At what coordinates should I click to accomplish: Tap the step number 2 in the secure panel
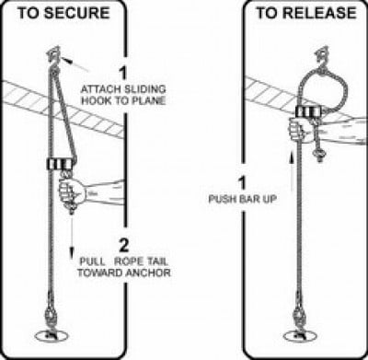click(124, 245)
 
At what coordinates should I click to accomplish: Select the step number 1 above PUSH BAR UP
click(243, 182)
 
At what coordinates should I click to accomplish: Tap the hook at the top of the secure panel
click(52, 56)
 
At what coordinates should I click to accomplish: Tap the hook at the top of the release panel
click(322, 57)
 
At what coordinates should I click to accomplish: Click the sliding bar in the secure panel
click(61, 164)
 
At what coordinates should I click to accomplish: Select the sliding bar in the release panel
click(310, 111)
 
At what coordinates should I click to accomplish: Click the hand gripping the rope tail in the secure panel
click(72, 192)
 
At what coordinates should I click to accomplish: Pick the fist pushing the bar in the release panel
click(301, 131)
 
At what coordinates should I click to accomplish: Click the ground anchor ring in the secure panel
click(52, 336)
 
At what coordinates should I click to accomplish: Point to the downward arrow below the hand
click(73, 237)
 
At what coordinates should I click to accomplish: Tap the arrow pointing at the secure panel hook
click(75, 64)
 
